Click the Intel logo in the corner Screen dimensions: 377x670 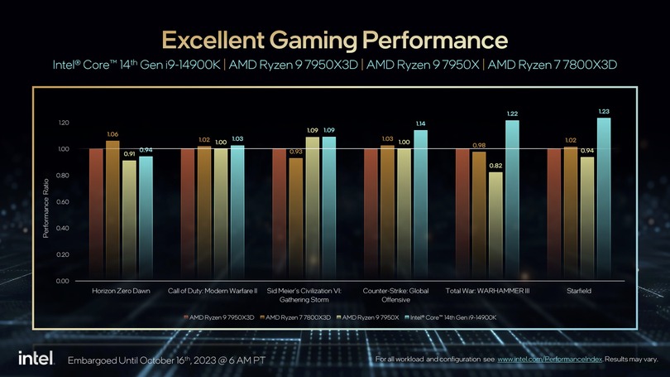point(36,358)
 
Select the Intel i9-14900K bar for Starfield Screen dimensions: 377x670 point(604,199)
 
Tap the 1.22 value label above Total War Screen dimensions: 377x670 point(512,114)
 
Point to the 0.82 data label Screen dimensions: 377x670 point(495,166)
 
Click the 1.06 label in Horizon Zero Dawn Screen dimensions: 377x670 point(112,133)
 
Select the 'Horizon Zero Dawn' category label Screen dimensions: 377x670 point(121,292)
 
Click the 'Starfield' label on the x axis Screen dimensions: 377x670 point(578,292)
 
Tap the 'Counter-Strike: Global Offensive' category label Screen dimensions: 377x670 point(396,296)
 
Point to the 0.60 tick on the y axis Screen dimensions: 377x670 point(64,202)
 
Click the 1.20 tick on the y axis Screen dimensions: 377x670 point(64,123)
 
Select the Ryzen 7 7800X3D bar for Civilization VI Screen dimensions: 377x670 point(296,219)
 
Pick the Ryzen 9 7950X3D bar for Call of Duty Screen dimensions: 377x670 point(188,215)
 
